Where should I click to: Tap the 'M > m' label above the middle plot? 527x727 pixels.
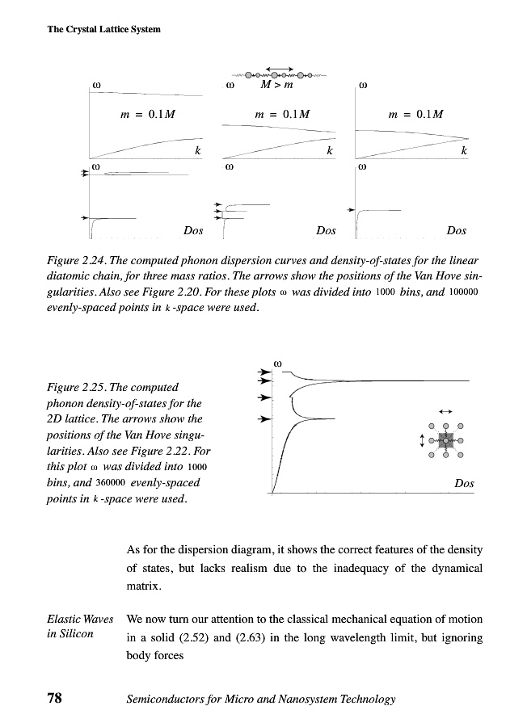pos(276,83)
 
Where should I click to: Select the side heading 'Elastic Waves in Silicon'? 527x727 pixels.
pos(80,626)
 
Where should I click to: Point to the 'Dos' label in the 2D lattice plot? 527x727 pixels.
pos(464,483)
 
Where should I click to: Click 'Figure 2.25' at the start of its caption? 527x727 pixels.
pos(78,388)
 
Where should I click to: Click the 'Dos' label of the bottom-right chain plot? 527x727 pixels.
pos(456,231)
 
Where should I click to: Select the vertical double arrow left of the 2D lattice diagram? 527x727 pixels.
pos(420,440)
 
